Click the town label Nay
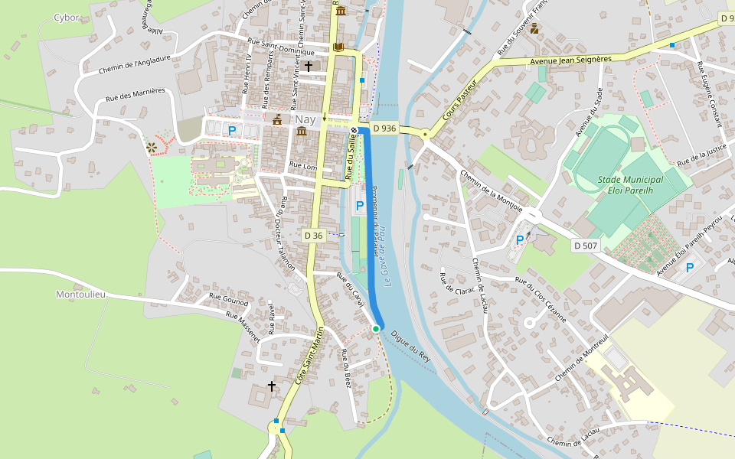[x=305, y=120]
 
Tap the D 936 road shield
[x=384, y=129]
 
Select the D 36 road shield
[x=314, y=236]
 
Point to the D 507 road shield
[x=586, y=246]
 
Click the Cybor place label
[x=67, y=18]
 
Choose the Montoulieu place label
[x=80, y=294]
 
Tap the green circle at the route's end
[x=376, y=328]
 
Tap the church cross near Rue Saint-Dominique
[x=309, y=67]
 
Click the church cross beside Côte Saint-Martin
[x=271, y=386]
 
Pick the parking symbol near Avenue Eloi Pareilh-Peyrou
[x=690, y=267]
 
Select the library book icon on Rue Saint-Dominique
[x=338, y=47]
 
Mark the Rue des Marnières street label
[x=136, y=94]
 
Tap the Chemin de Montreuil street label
[x=581, y=357]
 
